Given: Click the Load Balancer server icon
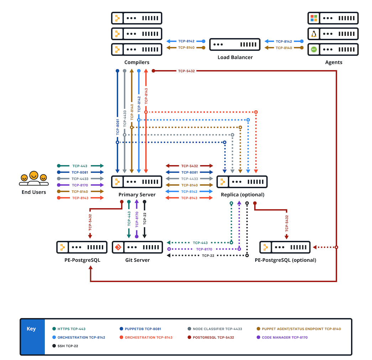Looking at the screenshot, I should click(x=235, y=44).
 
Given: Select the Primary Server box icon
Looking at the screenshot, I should click(x=136, y=182).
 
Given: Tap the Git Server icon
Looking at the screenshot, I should click(x=137, y=247).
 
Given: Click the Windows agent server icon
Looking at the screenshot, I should click(x=333, y=18).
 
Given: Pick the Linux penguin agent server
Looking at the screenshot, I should click(x=333, y=34).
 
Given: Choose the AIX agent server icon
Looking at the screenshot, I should click(x=333, y=49).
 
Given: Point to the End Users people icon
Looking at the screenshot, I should click(x=34, y=179).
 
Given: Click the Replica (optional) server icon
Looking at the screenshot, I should click(x=242, y=182).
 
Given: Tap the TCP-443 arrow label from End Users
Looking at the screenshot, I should click(x=80, y=166).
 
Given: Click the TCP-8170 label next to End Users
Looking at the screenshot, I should click(x=80, y=185).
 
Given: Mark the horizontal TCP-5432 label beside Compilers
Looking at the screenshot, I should click(x=186, y=71).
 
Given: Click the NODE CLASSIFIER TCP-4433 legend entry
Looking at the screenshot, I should click(x=215, y=329).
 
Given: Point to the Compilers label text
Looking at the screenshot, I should click(x=137, y=62).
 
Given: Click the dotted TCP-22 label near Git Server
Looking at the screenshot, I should click(x=208, y=255).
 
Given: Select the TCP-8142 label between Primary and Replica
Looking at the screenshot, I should click(x=189, y=191).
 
